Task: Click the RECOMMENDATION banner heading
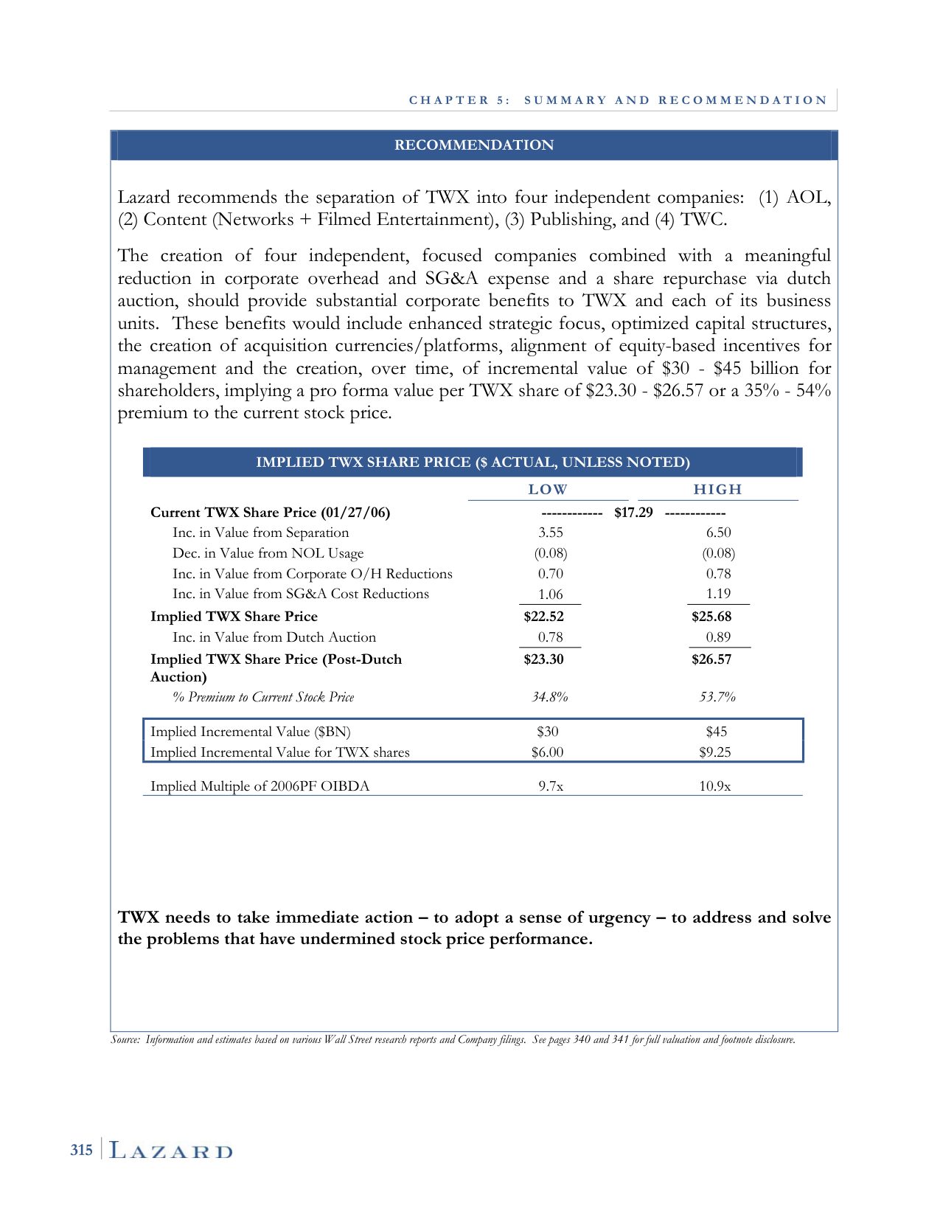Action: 473,145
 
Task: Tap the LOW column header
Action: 548,490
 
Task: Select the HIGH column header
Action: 717,490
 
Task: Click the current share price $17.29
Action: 633,513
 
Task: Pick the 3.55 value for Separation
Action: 551,533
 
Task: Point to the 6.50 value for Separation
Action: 718,533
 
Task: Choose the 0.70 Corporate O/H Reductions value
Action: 551,574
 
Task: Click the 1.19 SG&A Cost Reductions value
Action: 718,594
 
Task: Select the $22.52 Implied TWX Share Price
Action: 543,617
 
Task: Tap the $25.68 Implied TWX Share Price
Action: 711,617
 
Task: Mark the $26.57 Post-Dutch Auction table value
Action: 711,659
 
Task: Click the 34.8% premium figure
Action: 550,697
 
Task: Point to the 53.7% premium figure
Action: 717,697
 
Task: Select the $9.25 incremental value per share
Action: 715,752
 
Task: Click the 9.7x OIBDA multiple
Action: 551,786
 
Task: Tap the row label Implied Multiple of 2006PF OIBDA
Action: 260,786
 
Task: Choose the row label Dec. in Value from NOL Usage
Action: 268,553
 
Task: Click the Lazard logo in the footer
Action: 171,1151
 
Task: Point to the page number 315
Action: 81,1150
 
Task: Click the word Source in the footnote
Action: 124,1040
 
